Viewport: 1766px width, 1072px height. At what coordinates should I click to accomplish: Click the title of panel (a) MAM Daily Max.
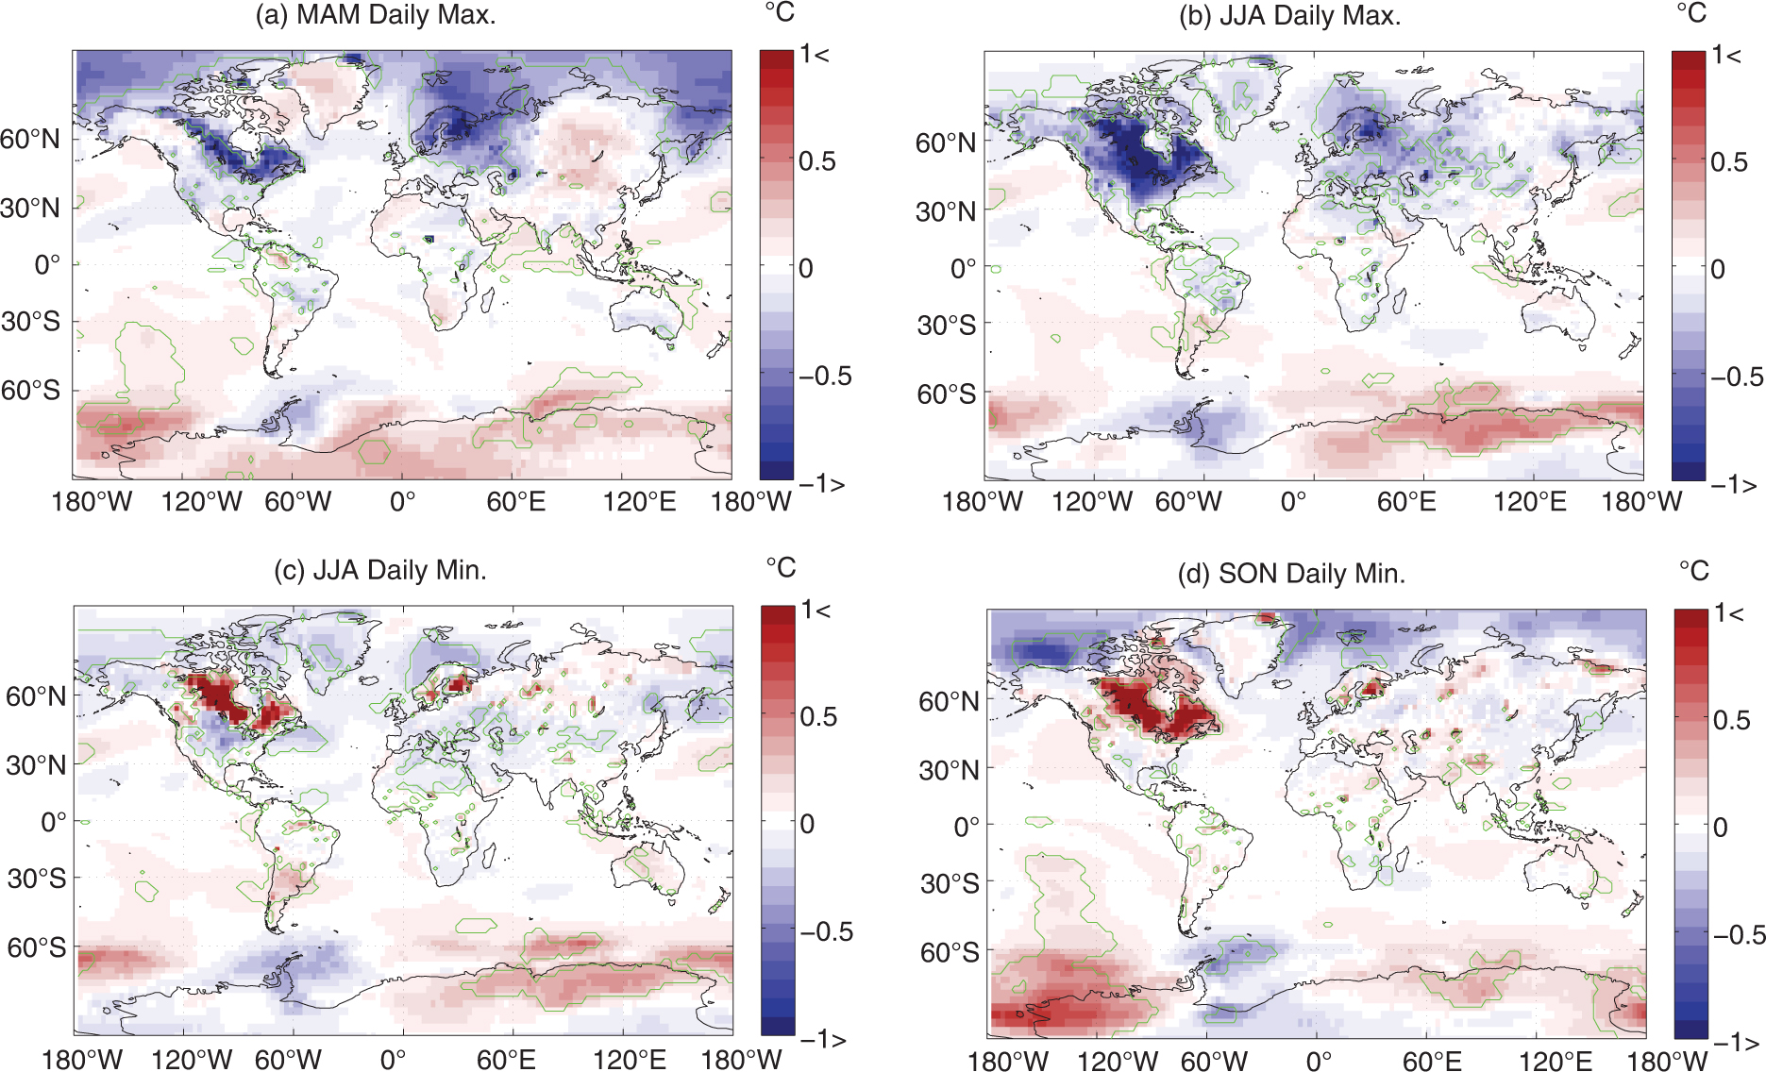pyautogui.click(x=376, y=15)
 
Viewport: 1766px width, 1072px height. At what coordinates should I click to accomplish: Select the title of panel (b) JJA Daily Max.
pyautogui.click(x=1289, y=17)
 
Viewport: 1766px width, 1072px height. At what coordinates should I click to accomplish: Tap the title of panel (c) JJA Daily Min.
pyautogui.click(x=380, y=570)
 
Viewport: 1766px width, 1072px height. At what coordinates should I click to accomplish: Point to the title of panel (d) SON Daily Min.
pyautogui.click(x=1292, y=574)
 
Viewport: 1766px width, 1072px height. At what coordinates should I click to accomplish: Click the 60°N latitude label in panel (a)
pyautogui.click(x=30, y=140)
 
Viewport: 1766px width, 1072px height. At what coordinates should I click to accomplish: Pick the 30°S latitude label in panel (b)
pyautogui.click(x=947, y=326)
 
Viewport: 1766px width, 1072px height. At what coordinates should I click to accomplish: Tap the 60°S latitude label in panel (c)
pyautogui.click(x=37, y=947)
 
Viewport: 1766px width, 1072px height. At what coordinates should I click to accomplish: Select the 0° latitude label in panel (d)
pyautogui.click(x=967, y=828)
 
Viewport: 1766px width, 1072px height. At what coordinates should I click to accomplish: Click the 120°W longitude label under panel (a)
pyautogui.click(x=202, y=501)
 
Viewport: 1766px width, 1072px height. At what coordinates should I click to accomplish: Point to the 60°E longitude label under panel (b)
pyautogui.click(x=1406, y=501)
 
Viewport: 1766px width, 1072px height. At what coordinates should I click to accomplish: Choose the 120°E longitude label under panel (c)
pyautogui.click(x=630, y=1060)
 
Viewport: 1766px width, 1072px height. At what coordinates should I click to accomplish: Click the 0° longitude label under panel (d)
pyautogui.click(x=1319, y=1062)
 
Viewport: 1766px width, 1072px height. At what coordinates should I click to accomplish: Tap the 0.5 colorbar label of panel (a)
pyautogui.click(x=817, y=161)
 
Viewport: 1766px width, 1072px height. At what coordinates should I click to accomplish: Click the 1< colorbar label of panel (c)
pyautogui.click(x=816, y=611)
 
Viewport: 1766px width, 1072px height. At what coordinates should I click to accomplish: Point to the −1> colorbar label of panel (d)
pyautogui.click(x=1738, y=1043)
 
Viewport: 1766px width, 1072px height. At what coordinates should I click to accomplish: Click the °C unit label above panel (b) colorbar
pyautogui.click(x=1691, y=13)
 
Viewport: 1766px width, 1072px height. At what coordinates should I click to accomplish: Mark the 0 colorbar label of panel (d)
pyautogui.click(x=1721, y=828)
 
